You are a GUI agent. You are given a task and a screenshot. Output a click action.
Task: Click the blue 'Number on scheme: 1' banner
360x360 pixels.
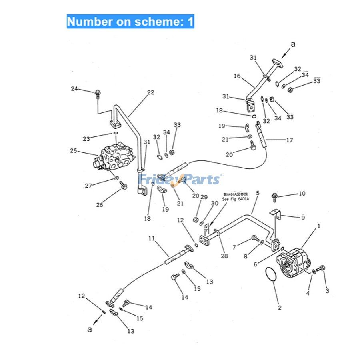click(130, 21)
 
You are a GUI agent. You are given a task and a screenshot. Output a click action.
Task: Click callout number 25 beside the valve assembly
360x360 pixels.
click(74, 151)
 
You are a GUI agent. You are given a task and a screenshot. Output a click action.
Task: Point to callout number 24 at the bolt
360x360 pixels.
click(74, 89)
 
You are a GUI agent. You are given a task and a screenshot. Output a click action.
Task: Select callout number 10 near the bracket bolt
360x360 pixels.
click(302, 194)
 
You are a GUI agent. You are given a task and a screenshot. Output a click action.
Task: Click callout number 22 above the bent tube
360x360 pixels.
click(150, 92)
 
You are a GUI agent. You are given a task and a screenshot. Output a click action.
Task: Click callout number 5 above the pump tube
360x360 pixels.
click(258, 193)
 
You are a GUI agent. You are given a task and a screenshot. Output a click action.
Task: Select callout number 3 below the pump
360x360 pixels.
click(327, 291)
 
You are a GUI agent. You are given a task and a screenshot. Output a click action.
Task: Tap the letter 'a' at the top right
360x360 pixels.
click(293, 44)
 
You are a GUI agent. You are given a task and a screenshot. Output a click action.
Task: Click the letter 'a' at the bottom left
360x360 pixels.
click(90, 330)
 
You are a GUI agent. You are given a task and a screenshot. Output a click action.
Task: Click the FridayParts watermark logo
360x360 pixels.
click(179, 179)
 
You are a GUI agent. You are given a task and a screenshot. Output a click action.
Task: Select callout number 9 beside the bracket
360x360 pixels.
click(303, 218)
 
